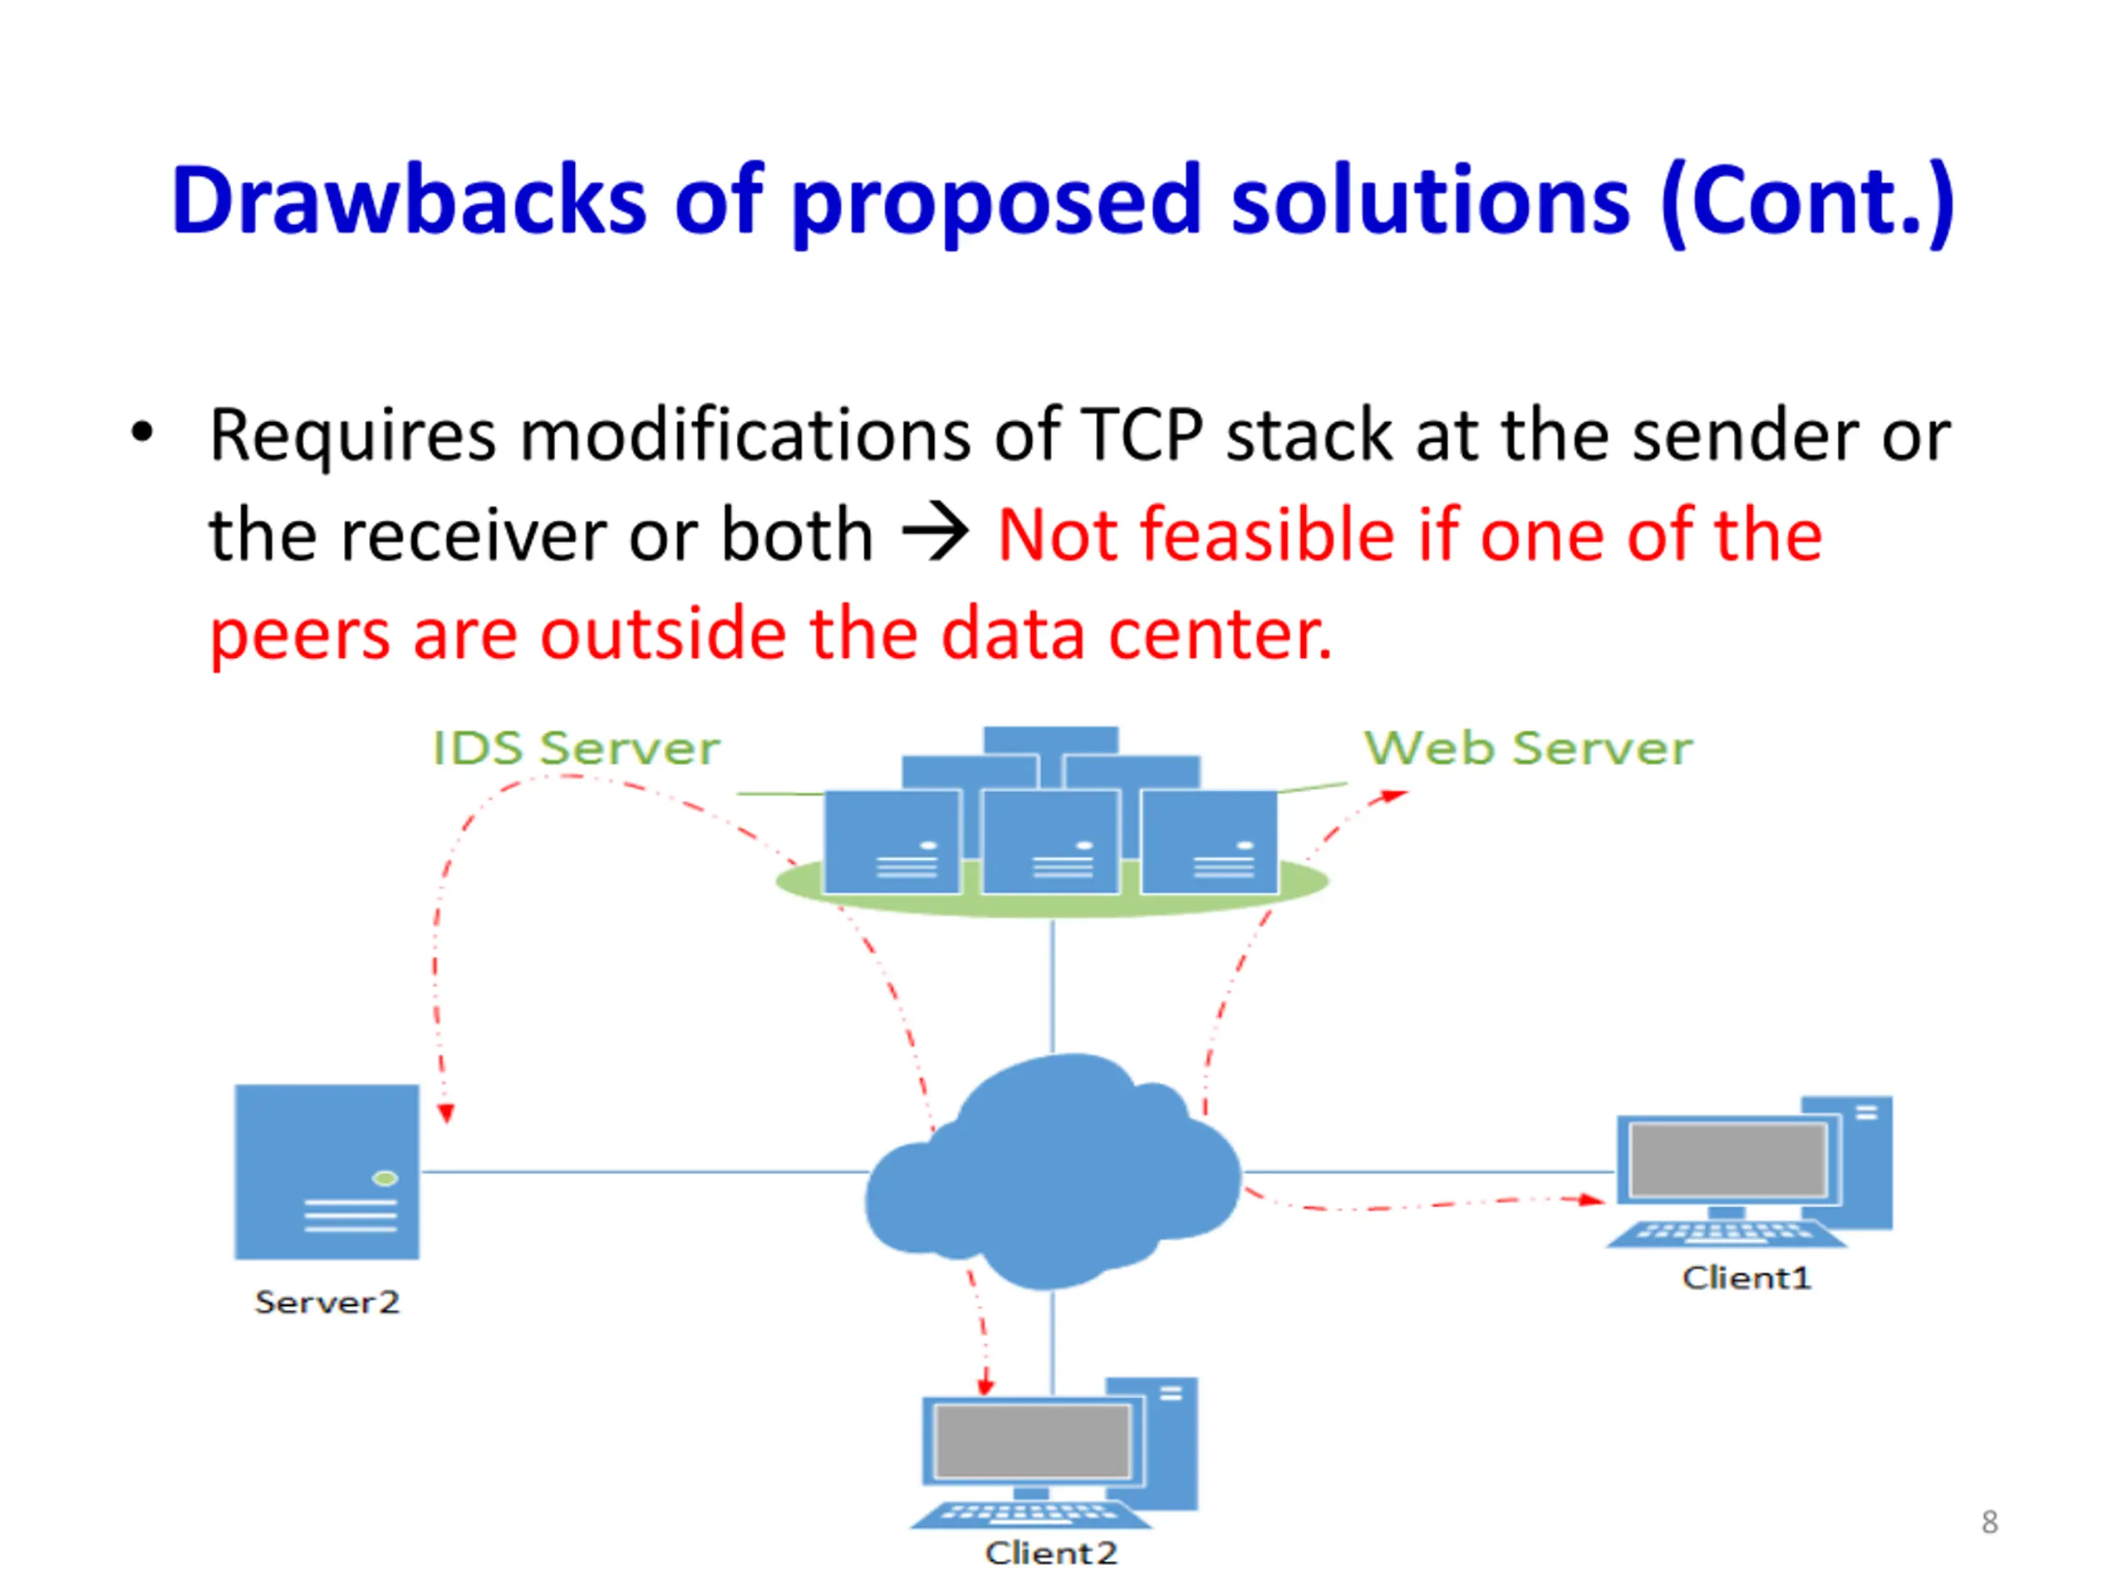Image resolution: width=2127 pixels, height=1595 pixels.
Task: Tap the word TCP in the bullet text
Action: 1142,434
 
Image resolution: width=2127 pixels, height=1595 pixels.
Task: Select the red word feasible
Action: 1267,533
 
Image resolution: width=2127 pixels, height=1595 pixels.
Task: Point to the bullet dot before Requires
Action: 142,432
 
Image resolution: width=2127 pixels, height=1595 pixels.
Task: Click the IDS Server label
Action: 576,748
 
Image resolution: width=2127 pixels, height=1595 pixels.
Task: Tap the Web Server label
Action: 1528,748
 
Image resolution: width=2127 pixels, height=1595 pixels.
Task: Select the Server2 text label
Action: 327,1302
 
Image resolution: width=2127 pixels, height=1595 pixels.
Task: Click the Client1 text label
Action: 1746,1277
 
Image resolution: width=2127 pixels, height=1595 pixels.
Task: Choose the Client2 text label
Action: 1051,1553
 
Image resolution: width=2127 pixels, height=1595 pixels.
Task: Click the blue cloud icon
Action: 1053,1171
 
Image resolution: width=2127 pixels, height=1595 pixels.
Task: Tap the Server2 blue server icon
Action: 327,1171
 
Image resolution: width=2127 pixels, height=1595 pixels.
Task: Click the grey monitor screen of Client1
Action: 1728,1161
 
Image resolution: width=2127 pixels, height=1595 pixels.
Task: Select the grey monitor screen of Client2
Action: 1033,1441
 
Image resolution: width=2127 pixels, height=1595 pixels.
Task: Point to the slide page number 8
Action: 1990,1522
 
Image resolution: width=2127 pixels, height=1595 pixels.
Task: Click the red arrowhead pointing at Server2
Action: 445,1113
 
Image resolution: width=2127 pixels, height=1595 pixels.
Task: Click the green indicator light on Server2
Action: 385,1179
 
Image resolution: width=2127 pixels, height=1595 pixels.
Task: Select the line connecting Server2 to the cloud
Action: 644,1172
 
